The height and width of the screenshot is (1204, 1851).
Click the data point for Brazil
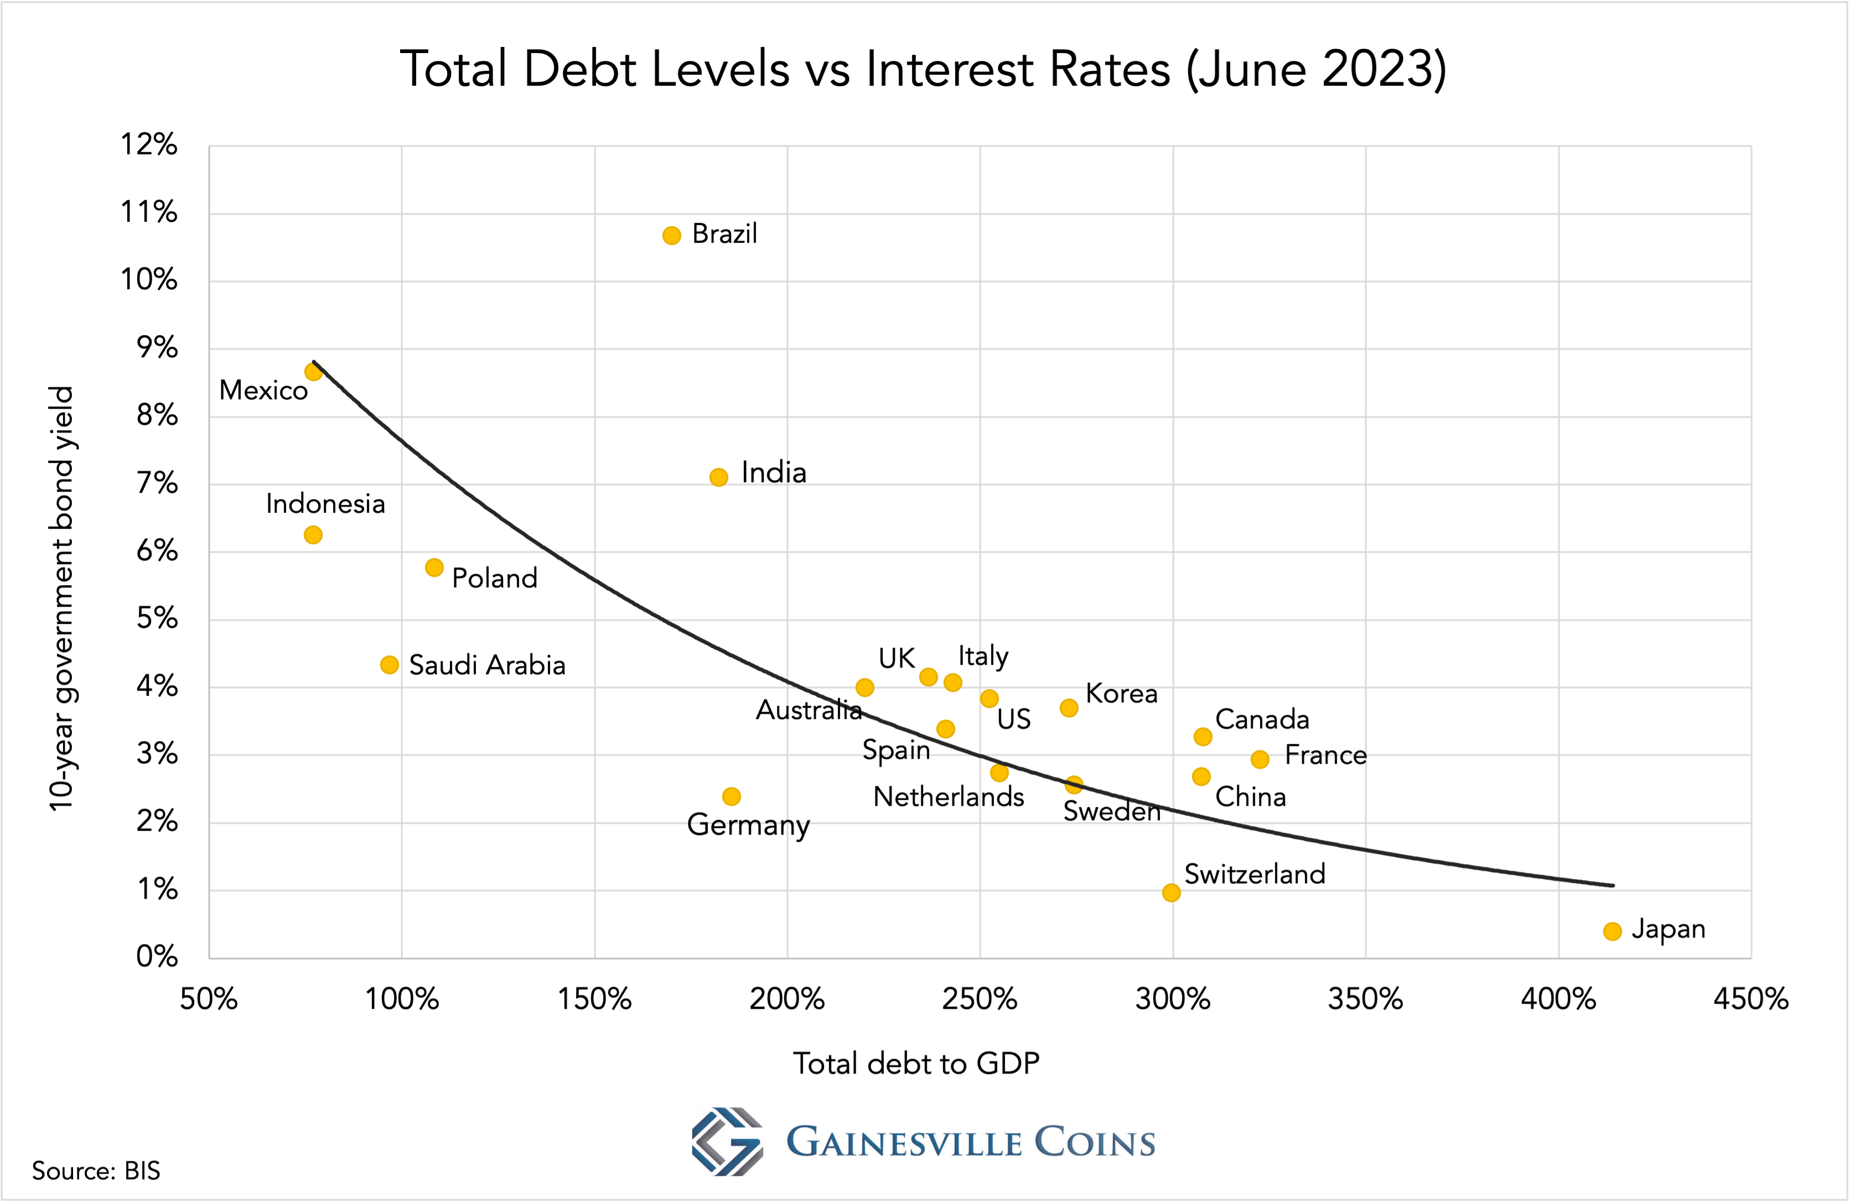(671, 236)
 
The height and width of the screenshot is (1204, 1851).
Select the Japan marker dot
(1613, 931)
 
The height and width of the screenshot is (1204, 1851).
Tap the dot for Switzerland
(1171, 893)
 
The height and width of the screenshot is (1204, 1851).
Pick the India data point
(719, 477)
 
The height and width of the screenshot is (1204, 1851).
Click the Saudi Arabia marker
(390, 665)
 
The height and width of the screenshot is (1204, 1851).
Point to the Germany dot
(731, 797)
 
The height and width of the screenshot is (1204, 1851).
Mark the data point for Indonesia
(313, 535)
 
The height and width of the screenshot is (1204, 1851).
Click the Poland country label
(495, 578)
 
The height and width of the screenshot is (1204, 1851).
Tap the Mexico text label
(263, 390)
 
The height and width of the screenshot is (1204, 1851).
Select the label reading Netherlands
(948, 797)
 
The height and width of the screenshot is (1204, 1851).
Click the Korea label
(1122, 694)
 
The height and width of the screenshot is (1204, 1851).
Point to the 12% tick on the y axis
(148, 144)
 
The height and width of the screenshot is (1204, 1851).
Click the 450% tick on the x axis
(1751, 999)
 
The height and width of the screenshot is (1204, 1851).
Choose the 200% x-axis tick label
(787, 999)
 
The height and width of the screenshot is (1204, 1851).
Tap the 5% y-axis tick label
(156, 619)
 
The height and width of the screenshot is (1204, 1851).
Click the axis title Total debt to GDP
(916, 1064)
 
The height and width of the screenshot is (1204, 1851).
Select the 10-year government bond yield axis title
(61, 598)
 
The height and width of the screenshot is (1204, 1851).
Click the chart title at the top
(923, 69)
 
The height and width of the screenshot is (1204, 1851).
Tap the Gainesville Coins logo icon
(727, 1141)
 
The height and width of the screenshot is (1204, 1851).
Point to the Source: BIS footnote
(96, 1171)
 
